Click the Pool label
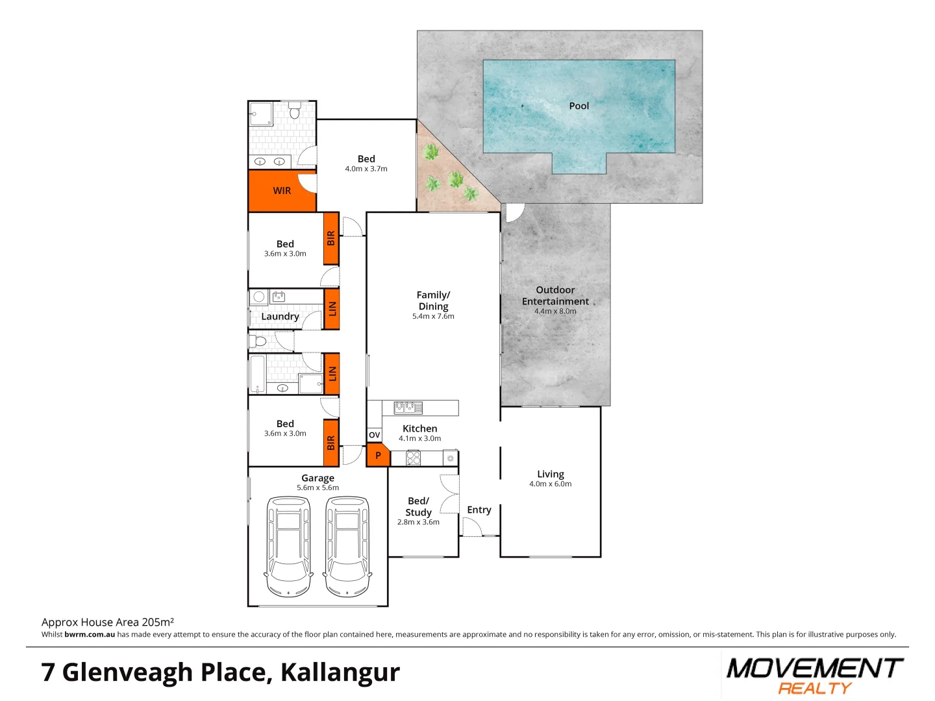click(x=579, y=106)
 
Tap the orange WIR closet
click(x=282, y=191)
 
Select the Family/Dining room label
click(x=433, y=301)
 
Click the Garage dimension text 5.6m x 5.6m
click(x=318, y=488)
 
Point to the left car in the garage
click(x=288, y=547)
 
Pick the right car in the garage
click(x=347, y=547)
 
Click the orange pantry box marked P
click(x=377, y=456)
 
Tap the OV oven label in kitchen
click(x=374, y=435)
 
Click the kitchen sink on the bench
click(x=408, y=408)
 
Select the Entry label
click(x=479, y=510)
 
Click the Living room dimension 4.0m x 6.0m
click(x=551, y=484)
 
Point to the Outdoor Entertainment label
click(x=555, y=295)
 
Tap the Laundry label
click(x=280, y=317)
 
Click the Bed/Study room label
click(x=418, y=506)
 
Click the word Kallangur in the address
click(x=340, y=672)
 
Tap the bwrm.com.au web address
click(x=90, y=635)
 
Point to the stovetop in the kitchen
click(x=414, y=458)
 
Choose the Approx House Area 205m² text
click(x=108, y=622)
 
